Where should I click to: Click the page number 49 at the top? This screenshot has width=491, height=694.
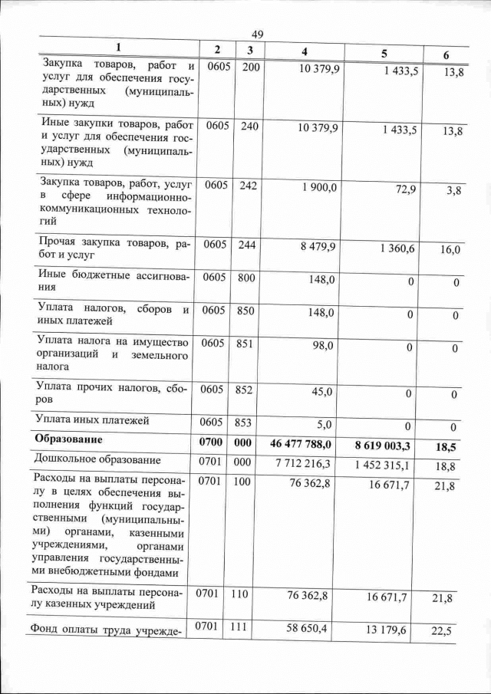click(257, 35)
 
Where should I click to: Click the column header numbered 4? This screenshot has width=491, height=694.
click(305, 51)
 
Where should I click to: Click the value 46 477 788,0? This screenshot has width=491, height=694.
click(302, 444)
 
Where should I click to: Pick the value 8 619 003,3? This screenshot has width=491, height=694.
click(384, 446)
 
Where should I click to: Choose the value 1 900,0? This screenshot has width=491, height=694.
click(320, 187)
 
